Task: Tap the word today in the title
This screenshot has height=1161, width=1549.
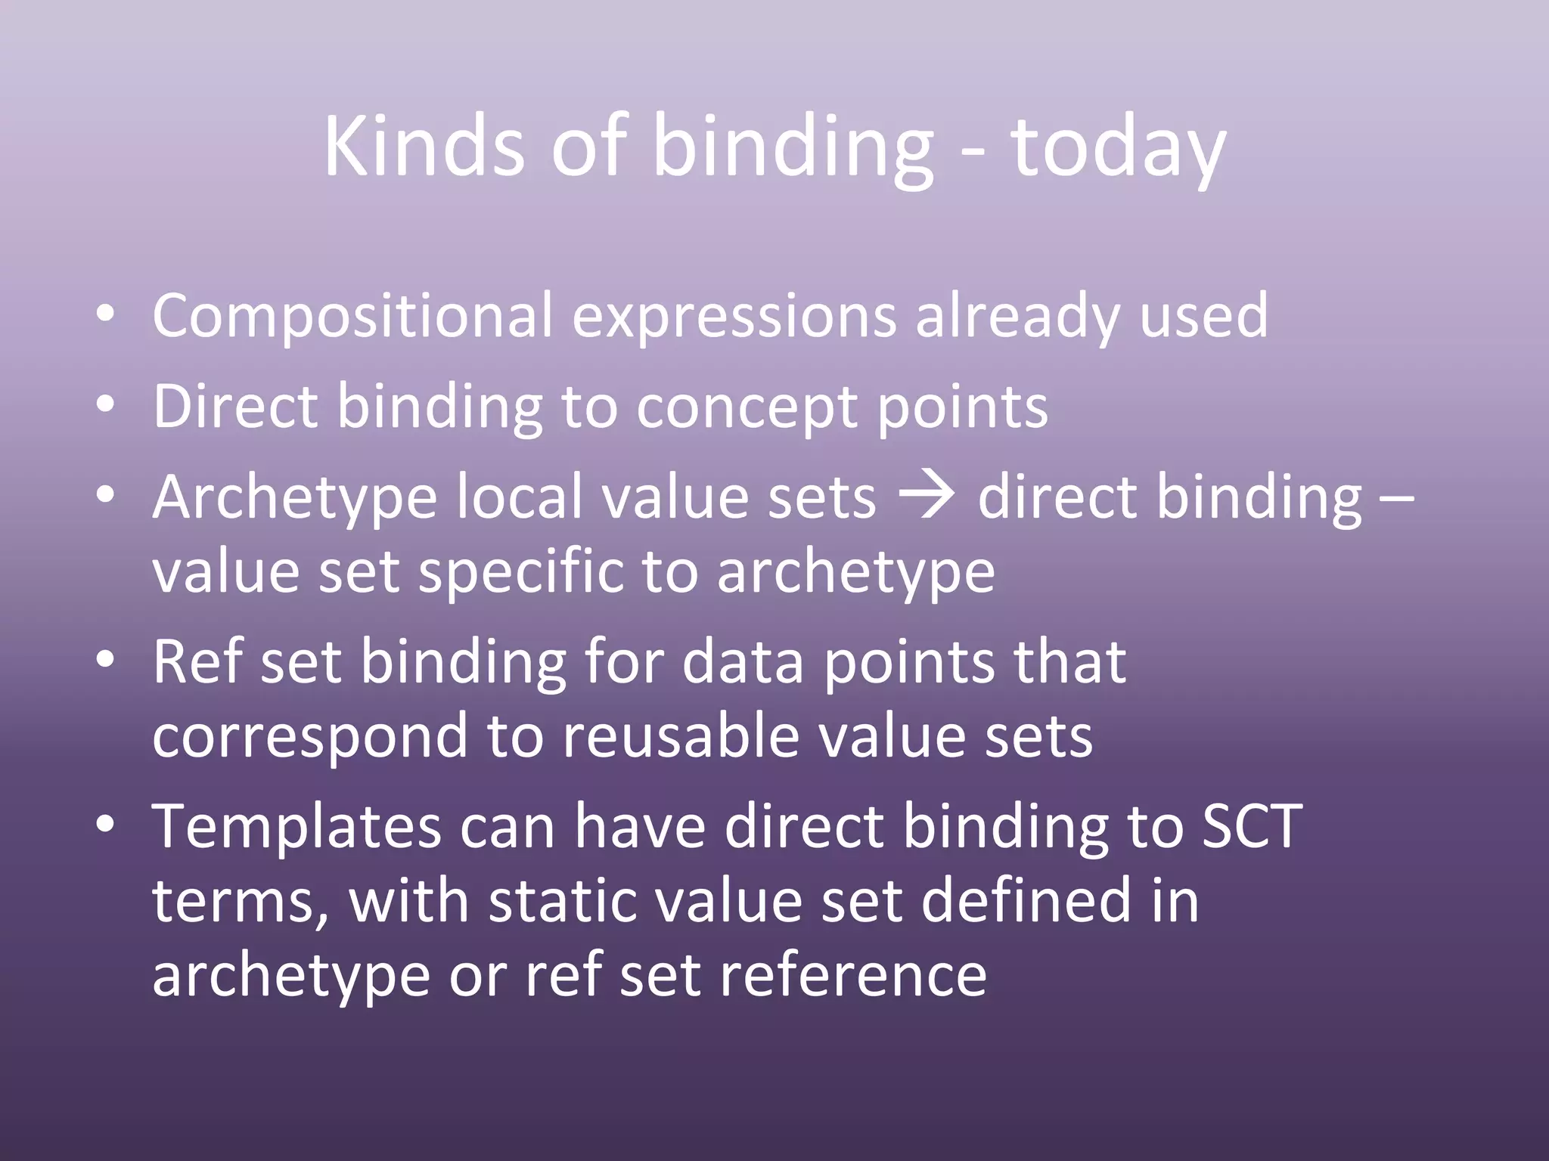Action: coord(1118,148)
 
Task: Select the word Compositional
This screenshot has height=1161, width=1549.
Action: coord(352,316)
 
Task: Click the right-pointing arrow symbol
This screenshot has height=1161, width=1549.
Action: coord(927,496)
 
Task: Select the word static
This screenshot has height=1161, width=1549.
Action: coord(555,901)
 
